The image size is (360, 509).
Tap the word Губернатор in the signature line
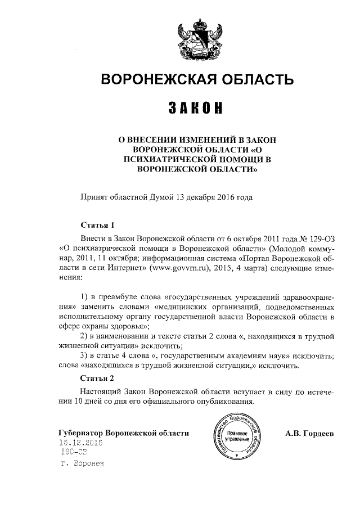click(x=83, y=434)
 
